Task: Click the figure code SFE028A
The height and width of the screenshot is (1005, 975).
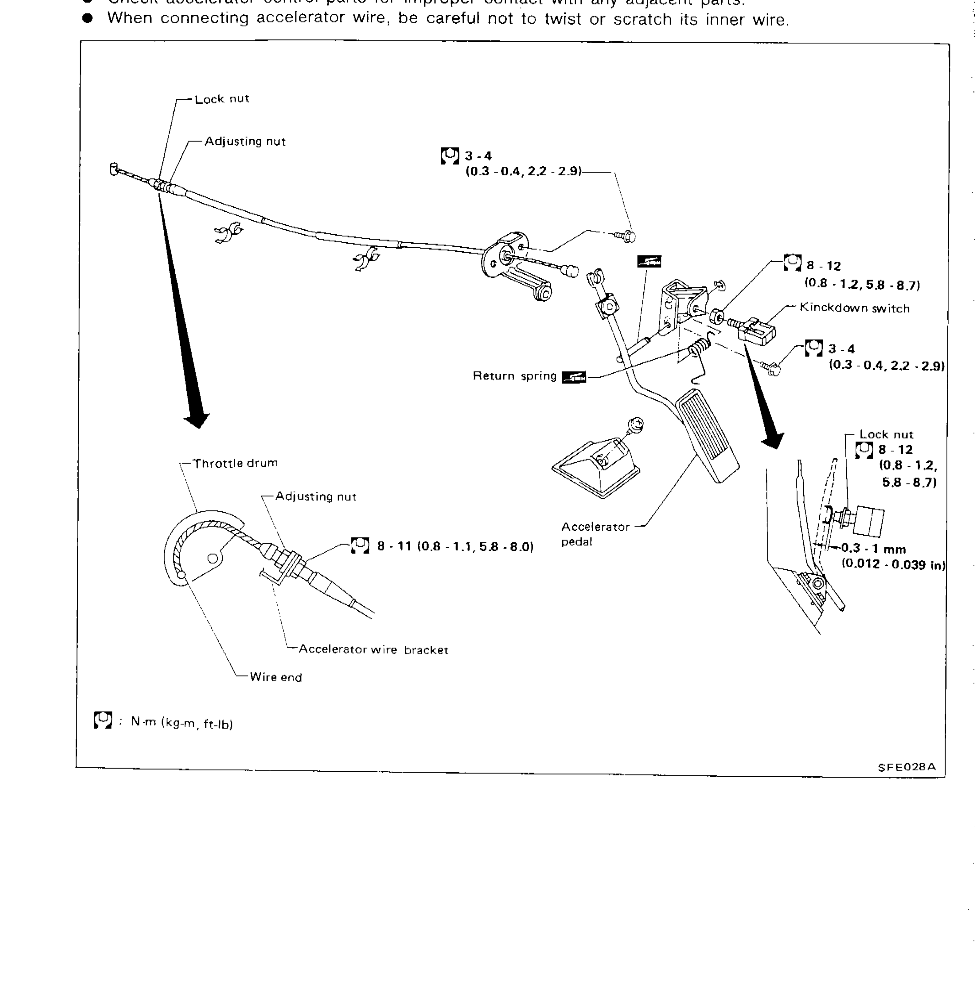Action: coord(907,767)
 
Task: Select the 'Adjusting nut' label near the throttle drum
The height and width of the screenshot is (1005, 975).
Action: coord(316,496)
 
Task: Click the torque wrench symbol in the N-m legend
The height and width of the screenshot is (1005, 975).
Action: coord(103,720)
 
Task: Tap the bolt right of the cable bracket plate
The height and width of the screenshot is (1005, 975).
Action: coord(626,236)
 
